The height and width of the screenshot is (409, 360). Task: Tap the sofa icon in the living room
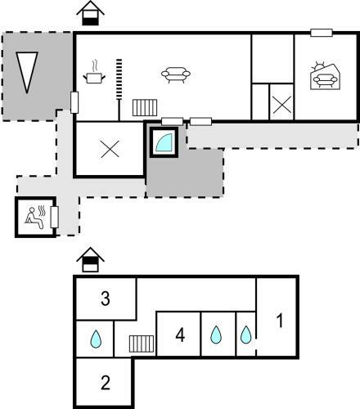[x=176, y=74]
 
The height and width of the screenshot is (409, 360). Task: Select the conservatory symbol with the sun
[x=325, y=76]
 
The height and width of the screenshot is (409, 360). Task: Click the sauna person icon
[x=35, y=218]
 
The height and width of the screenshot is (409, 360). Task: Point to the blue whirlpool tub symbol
[x=164, y=142]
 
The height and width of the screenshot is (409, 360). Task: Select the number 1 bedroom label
[x=279, y=321]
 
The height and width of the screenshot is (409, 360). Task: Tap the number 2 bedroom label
[x=106, y=383]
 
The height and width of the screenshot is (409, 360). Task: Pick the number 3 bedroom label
[x=106, y=299]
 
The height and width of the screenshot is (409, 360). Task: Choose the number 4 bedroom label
[x=180, y=335]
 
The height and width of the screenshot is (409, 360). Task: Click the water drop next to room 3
[x=96, y=339]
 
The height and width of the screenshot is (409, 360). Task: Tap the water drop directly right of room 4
[x=216, y=335]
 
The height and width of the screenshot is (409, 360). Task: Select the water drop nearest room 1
[x=245, y=335]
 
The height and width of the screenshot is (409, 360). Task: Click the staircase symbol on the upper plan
[x=145, y=107]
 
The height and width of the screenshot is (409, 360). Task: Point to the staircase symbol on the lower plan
[x=142, y=344]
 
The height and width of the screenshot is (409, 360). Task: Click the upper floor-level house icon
[x=90, y=13]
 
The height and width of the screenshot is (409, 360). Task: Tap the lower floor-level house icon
[x=90, y=260]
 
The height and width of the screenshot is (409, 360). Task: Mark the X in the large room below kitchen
[x=110, y=149]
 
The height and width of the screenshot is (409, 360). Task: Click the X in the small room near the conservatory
[x=282, y=105]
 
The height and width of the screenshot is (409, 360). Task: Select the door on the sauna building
[x=55, y=217]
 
